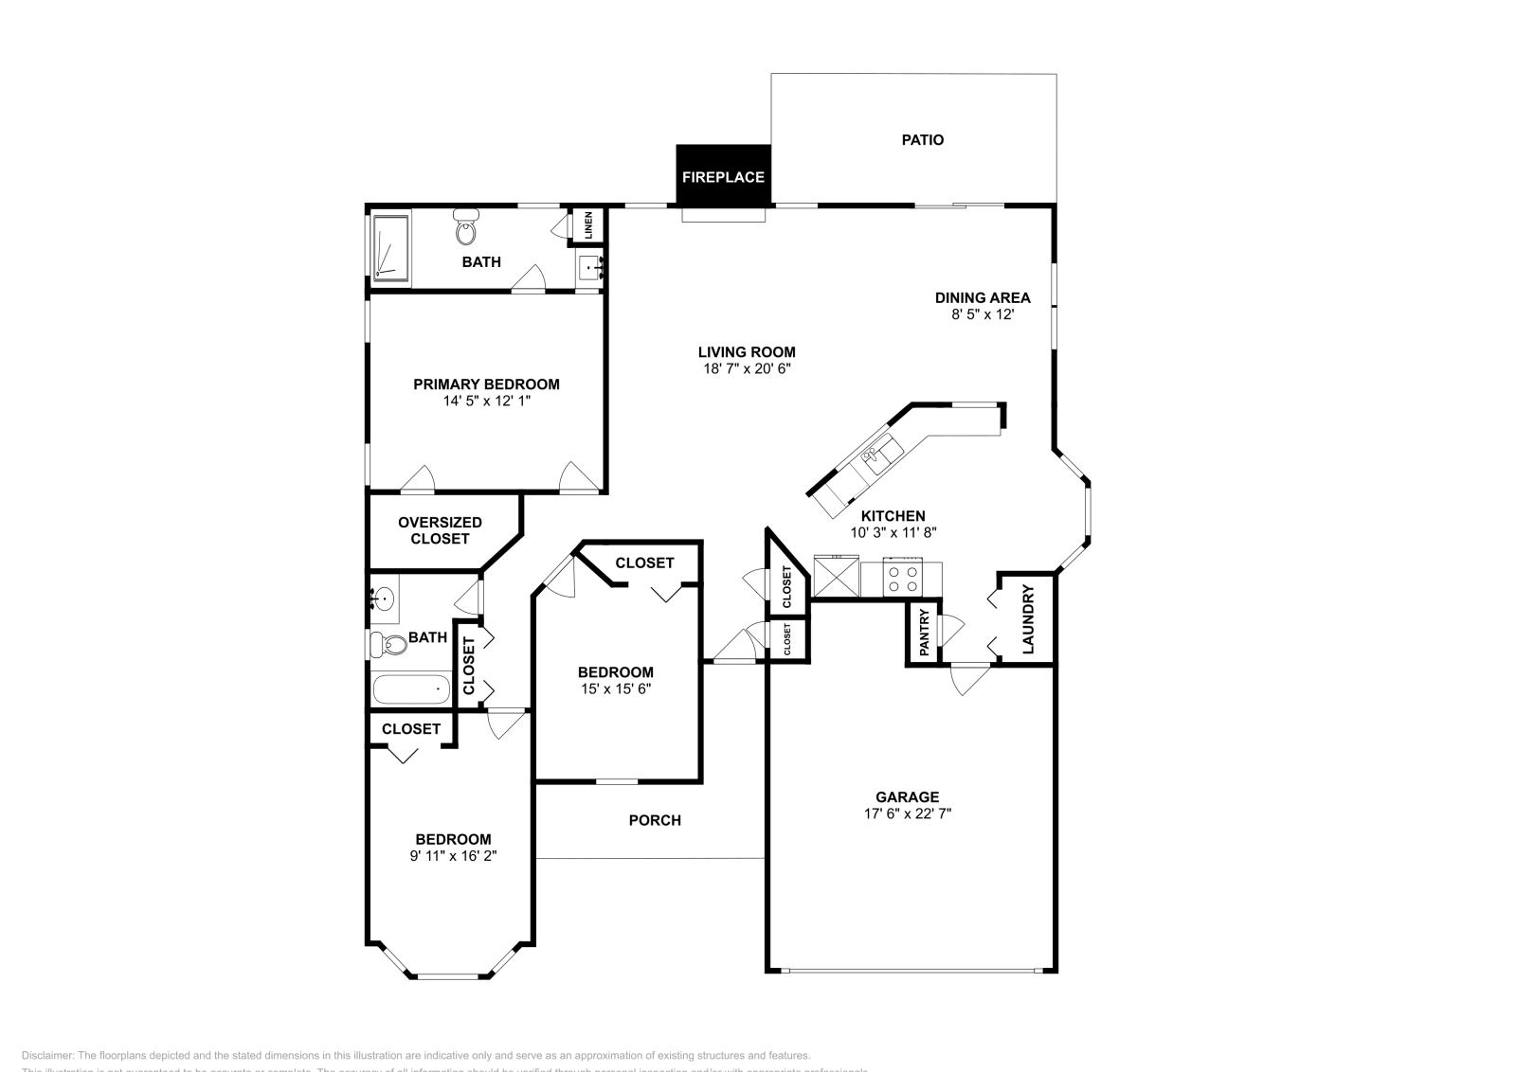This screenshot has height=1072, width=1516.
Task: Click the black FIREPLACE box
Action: coord(723,176)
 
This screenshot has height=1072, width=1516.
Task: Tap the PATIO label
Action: coord(922,140)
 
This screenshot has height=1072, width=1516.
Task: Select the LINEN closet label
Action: coord(588,224)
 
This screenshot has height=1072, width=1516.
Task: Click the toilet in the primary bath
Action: coord(465,227)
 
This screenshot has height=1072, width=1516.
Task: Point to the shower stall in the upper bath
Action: coord(390,248)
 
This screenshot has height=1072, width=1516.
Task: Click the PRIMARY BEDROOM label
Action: coord(486,384)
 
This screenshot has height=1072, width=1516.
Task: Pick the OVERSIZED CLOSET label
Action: coord(440,530)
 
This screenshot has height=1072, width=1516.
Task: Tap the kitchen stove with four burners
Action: coord(902,579)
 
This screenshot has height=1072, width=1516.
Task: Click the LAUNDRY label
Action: coord(1028,620)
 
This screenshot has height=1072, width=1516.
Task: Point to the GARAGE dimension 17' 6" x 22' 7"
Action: coord(907,813)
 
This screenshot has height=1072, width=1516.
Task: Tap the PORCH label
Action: coord(655,820)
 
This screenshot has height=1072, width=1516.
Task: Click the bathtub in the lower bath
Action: coord(411,688)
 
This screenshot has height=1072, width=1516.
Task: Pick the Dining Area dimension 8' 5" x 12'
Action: coord(983,314)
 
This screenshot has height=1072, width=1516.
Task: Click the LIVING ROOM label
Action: coord(747,352)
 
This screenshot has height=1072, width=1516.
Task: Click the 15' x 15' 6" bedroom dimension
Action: coord(615,689)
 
